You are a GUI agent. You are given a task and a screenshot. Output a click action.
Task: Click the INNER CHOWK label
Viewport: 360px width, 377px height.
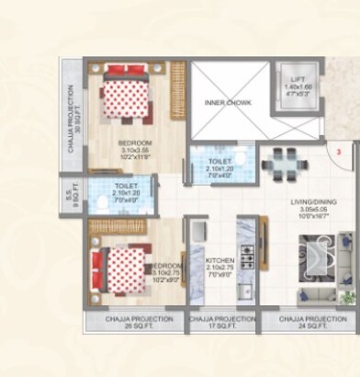(221, 102)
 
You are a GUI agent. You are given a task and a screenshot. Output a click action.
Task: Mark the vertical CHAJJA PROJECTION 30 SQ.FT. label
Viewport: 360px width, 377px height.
(72, 111)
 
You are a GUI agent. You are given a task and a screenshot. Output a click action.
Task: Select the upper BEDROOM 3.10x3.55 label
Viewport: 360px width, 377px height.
(134, 149)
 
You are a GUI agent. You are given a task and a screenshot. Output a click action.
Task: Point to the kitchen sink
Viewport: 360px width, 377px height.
(246, 292)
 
